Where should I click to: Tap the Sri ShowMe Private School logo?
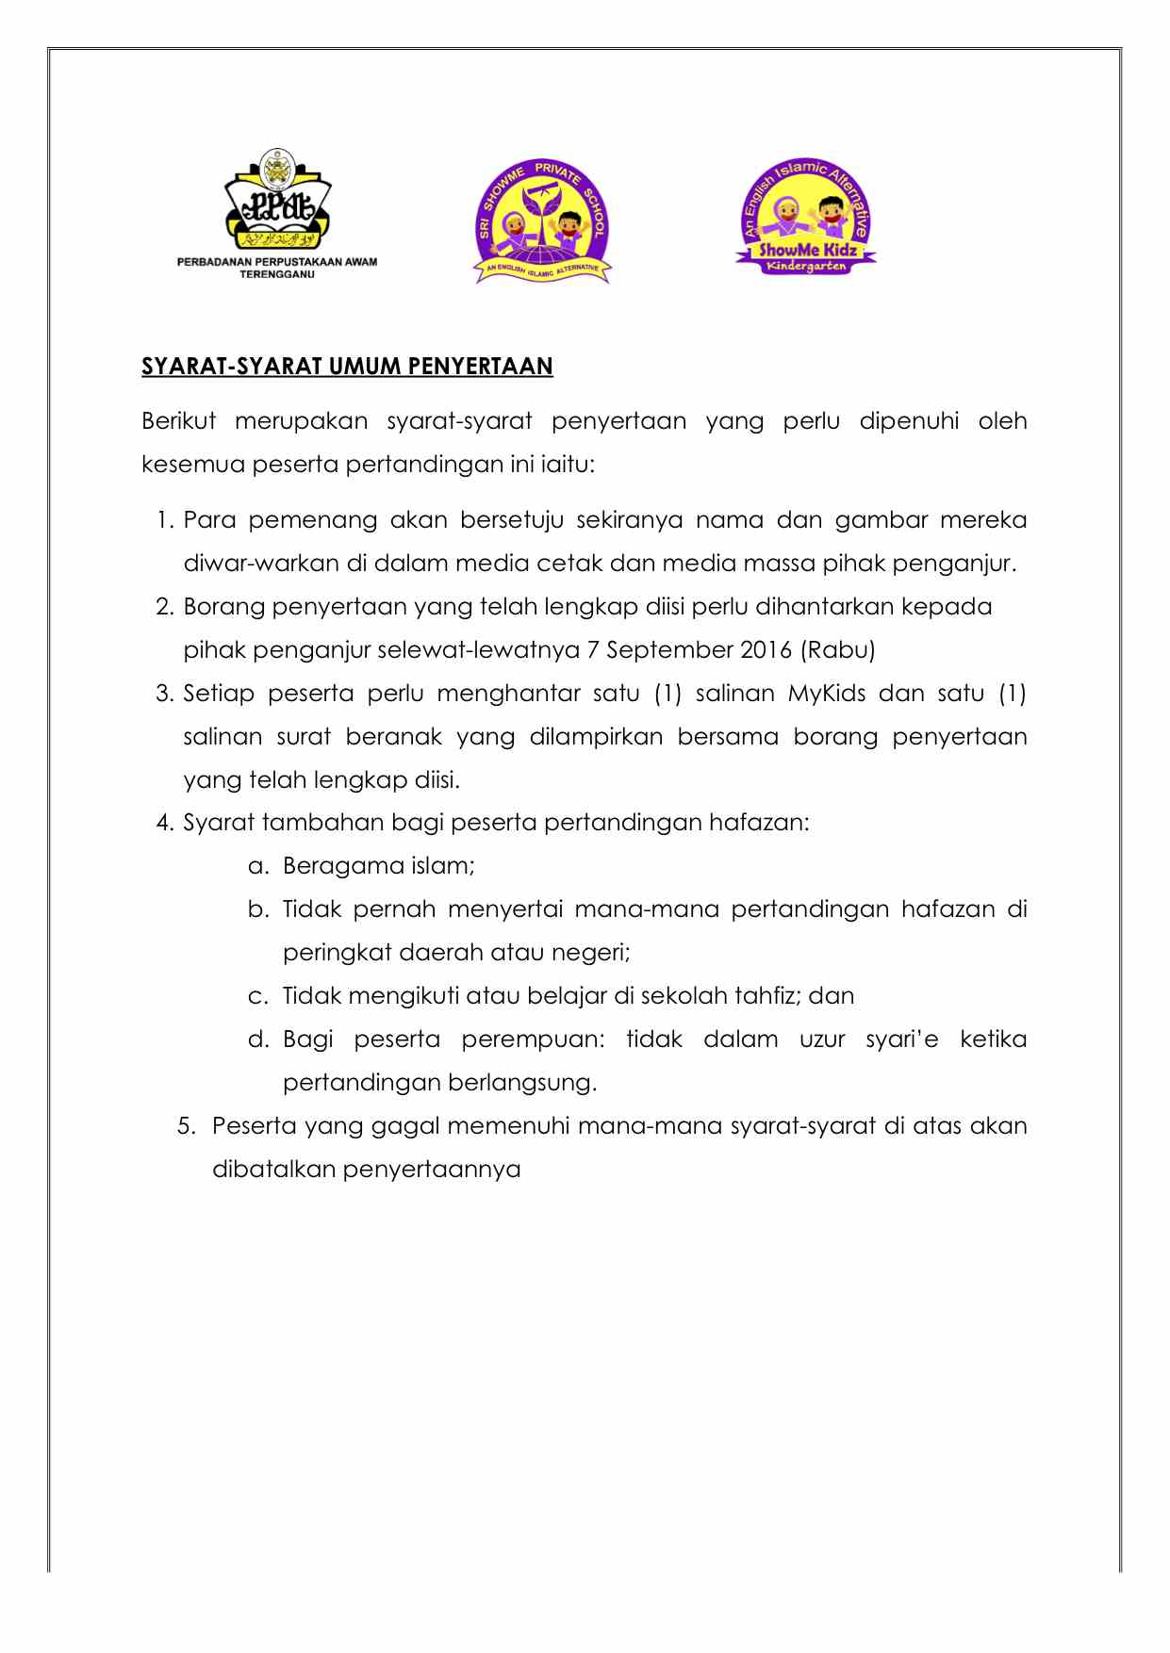click(542, 221)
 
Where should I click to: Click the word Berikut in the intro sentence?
click(179, 421)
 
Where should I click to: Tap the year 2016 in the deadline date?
click(766, 650)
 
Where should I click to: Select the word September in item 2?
click(670, 650)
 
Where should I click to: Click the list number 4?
click(165, 823)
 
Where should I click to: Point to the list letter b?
click(258, 909)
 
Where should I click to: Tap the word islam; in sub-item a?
click(442, 866)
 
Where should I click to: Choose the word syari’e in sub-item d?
click(902, 1039)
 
